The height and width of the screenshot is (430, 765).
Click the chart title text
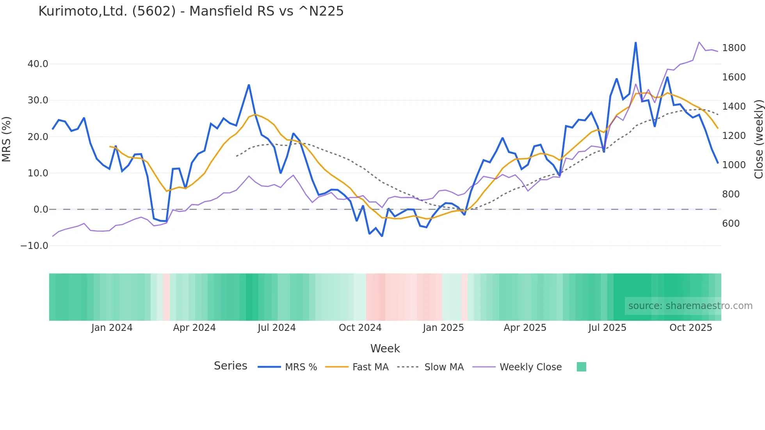coord(191,11)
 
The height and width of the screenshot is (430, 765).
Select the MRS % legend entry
coord(301,367)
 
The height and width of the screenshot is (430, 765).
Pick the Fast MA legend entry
coord(370,367)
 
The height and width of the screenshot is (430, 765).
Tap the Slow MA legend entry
coord(443,367)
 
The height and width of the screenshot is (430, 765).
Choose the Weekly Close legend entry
coord(530,367)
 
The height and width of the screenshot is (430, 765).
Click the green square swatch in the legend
coord(581,367)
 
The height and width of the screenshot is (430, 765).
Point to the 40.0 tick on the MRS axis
coord(38,64)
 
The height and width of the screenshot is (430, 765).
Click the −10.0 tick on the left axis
coord(34,246)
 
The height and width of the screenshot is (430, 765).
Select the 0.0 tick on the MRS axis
coord(41,210)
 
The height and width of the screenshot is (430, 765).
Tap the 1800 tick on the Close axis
coord(734,48)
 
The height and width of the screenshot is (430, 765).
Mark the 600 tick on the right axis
coord(731,224)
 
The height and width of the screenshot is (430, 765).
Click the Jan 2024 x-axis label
coord(112,328)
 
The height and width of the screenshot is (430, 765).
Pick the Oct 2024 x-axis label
coord(360,328)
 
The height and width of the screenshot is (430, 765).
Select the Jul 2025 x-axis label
coord(607,328)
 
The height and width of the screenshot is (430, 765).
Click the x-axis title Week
coord(385,348)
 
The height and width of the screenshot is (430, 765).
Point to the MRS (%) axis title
coord(7,139)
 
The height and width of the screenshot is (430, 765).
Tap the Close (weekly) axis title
coord(759,139)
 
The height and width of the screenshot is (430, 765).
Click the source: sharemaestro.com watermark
coord(690,306)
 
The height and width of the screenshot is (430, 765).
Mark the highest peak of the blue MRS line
coord(636,42)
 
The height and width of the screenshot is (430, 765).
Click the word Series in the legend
coord(230,366)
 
